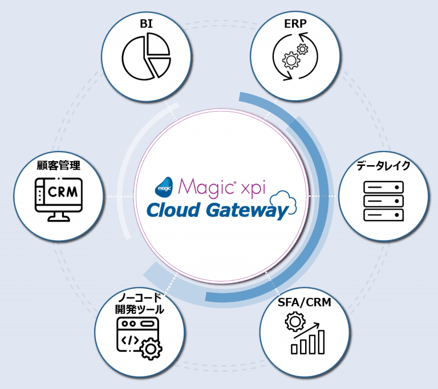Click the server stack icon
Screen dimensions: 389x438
pos(383,200)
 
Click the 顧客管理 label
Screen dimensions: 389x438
pos(58,166)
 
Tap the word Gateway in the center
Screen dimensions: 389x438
pos(245,211)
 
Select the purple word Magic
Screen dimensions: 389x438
pos(202,186)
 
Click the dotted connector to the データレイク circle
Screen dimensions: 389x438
pos(323,195)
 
